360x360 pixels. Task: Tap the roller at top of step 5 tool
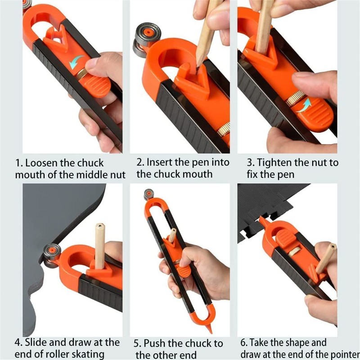tap(148, 194)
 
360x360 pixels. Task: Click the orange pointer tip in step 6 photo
tap(261, 219)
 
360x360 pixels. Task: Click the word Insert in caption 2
tap(160, 162)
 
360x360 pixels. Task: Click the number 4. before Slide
tap(19, 342)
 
